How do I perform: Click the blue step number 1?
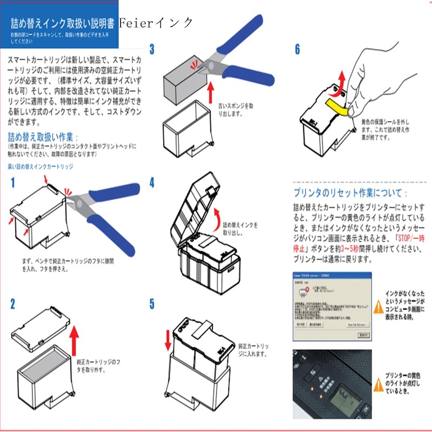(x=12, y=184)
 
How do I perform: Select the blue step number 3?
(x=152, y=50)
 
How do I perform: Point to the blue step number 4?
(x=152, y=183)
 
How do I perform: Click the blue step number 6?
(x=297, y=50)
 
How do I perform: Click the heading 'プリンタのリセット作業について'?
(x=350, y=194)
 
